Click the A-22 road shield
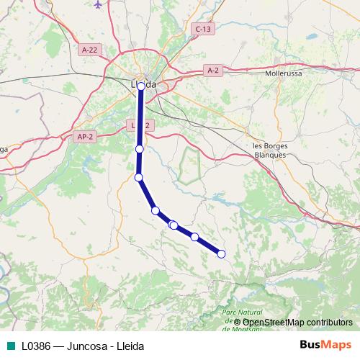click(x=89, y=50)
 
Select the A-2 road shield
click(x=212, y=70)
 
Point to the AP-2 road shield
click(x=85, y=135)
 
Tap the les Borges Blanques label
click(x=271, y=149)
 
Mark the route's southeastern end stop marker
click(x=221, y=253)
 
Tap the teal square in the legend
click(x=9, y=346)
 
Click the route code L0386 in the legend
click(x=37, y=346)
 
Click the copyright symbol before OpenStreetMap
click(x=237, y=322)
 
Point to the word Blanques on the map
click(x=271, y=154)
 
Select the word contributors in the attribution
click(x=325, y=322)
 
